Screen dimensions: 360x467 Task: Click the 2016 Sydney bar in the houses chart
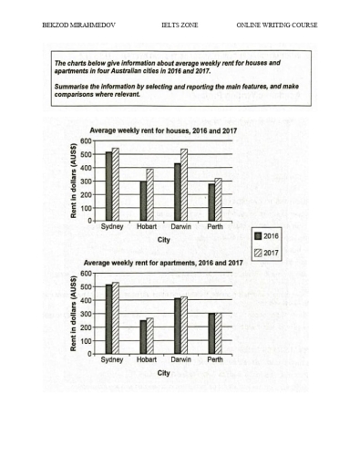click(x=109, y=186)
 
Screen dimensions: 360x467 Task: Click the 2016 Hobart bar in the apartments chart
click(x=142, y=337)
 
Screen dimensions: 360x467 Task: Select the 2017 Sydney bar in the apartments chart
click(x=116, y=318)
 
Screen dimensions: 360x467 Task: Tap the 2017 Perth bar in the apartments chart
click(x=217, y=333)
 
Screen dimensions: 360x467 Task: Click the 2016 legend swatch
click(x=259, y=235)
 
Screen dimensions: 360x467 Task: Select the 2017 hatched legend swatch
click(x=259, y=253)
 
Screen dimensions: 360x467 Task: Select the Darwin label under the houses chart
click(x=180, y=227)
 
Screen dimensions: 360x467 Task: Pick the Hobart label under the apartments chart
click(x=146, y=359)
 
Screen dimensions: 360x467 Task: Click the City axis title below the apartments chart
click(x=163, y=373)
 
